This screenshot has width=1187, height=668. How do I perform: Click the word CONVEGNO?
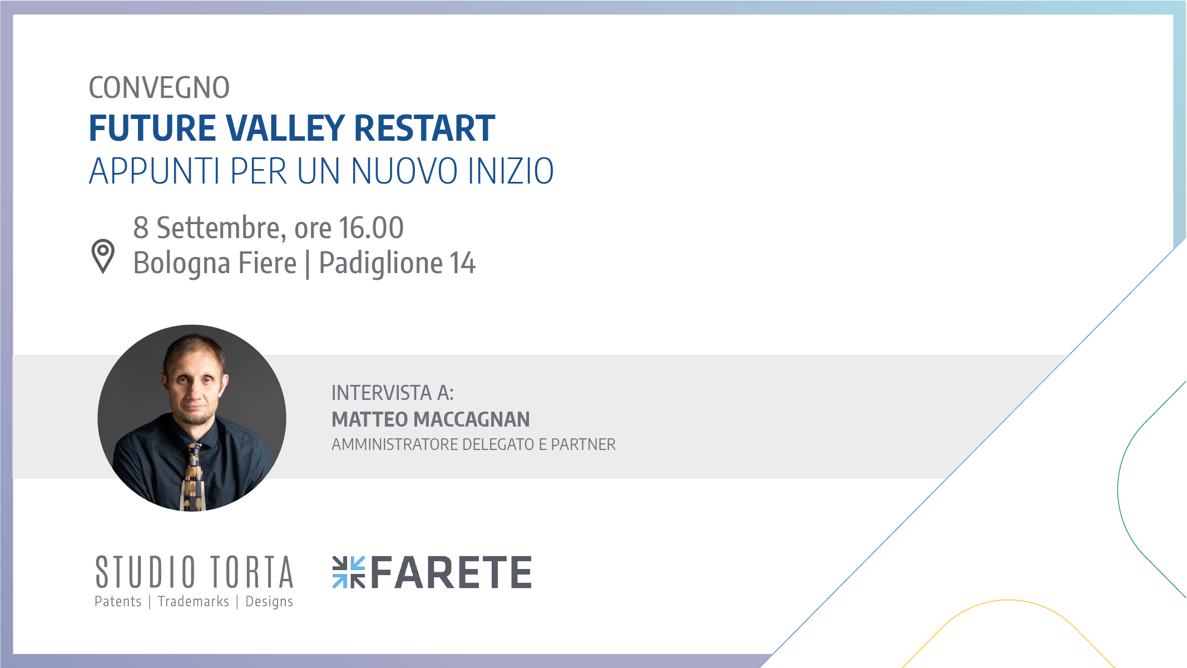coord(159,88)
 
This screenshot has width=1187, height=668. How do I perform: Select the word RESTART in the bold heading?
coord(424,128)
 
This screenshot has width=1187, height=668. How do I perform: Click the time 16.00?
coord(371,227)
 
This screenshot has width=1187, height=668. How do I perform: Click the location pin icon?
coord(103,256)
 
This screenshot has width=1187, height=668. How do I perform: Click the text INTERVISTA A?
coord(393,393)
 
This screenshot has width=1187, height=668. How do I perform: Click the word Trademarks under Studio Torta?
coord(194,601)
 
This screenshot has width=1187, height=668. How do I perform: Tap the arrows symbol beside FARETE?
coord(349,572)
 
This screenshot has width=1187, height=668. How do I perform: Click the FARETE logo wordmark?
coord(451,572)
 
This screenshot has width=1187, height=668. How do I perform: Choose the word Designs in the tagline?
coord(269,602)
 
